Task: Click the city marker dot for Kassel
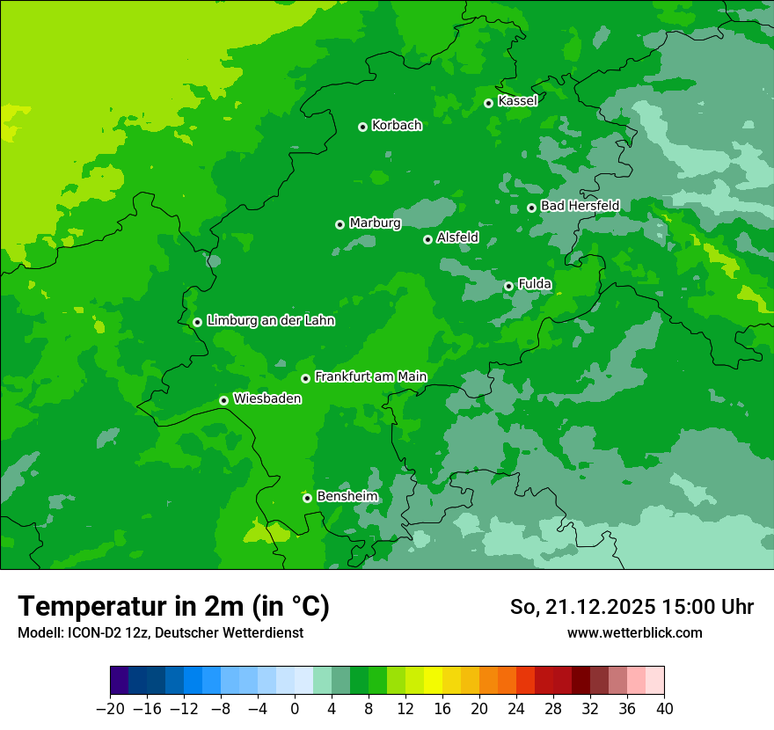click(x=488, y=103)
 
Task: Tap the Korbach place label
click(x=397, y=126)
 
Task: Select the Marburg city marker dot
click(x=340, y=224)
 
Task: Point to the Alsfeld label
click(x=457, y=237)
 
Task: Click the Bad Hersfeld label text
click(x=580, y=206)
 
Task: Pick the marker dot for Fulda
click(x=508, y=286)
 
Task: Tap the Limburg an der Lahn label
click(x=270, y=321)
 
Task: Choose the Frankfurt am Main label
click(x=370, y=376)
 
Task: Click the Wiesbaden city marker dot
click(x=223, y=400)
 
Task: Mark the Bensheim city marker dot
click(x=307, y=498)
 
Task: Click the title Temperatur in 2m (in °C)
click(x=173, y=606)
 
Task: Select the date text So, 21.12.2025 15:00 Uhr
click(x=632, y=607)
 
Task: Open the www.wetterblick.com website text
click(x=634, y=632)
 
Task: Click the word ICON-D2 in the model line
click(x=86, y=632)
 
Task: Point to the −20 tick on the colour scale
click(x=111, y=709)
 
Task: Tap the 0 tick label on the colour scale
click(x=295, y=709)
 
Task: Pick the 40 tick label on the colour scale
click(x=664, y=709)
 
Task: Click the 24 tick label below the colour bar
click(x=516, y=709)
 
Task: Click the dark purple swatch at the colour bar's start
click(x=120, y=681)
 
